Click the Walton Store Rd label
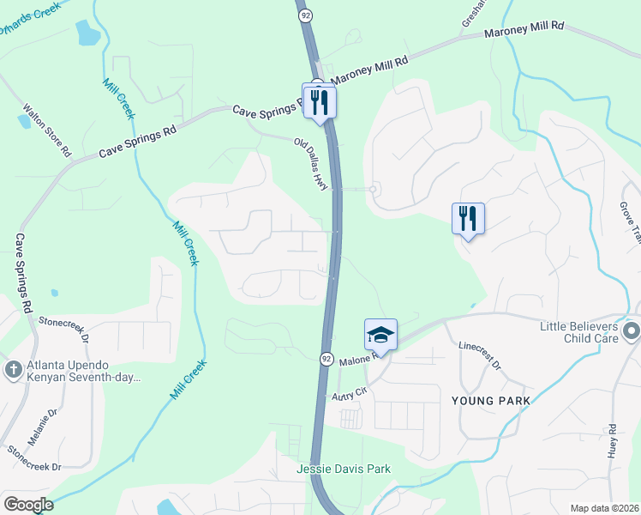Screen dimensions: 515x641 point(46,131)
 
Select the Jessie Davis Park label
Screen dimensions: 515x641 point(344,469)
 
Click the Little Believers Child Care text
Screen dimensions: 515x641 point(579,333)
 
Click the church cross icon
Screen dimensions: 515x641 point(13,370)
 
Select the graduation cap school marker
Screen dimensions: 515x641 point(380,334)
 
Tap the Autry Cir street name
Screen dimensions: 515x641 point(349,393)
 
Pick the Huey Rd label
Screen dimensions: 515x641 point(613,441)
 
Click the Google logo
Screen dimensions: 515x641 point(28,505)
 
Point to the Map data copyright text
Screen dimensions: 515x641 point(604,508)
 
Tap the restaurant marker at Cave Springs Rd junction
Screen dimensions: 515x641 point(320,102)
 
